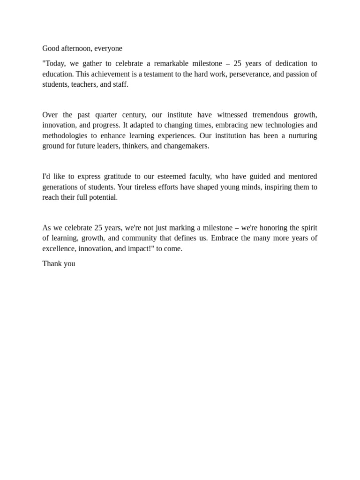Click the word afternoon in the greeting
(x=76, y=48)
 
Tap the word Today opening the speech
(x=56, y=63)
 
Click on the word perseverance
(x=249, y=74)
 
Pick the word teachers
(x=84, y=84)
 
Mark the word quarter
(x=109, y=115)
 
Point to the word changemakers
(x=186, y=146)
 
